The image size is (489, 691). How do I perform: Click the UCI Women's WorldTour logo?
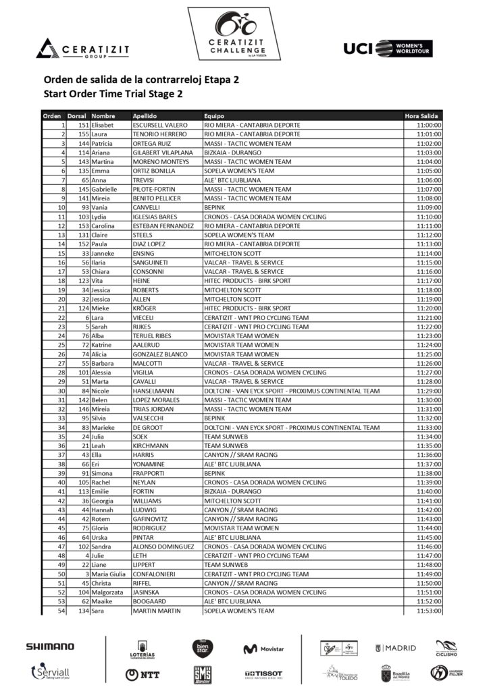tap(388, 48)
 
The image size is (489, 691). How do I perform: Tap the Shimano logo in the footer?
tap(50, 646)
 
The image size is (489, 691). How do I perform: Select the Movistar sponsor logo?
tap(263, 648)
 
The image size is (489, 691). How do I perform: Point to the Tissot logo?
tap(263, 673)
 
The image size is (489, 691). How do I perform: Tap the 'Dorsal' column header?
tap(78, 116)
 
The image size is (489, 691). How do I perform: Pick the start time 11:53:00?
tap(428, 611)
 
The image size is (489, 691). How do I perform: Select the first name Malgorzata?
tap(109, 592)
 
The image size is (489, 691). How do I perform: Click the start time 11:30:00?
tap(428, 400)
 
